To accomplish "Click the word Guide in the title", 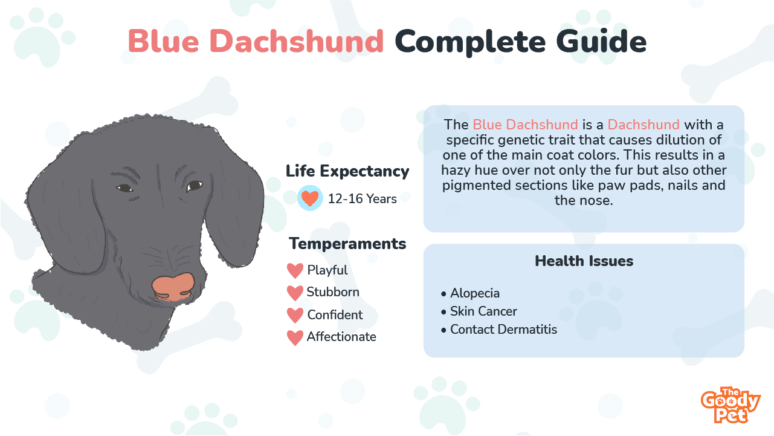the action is coord(601,41).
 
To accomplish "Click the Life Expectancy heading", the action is coord(347,172).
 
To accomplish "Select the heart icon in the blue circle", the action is coord(309,198).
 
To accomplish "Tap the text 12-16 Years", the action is coord(362,199).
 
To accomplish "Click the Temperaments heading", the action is coord(347,244).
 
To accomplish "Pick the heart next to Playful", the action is coord(295,270).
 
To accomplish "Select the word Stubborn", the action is coord(333,292).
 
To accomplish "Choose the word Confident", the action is coord(335,314).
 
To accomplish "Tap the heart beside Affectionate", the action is coord(295,337).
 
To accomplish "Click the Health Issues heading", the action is coord(584,261).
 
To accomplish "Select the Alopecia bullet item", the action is coord(470,293).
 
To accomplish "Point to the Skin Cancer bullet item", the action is coord(479,311).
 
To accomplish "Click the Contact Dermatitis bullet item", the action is coord(499,329).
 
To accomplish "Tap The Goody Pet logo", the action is coord(730,405).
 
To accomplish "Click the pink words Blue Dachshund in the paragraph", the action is coord(525,125).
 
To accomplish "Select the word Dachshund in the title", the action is coord(297,41).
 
